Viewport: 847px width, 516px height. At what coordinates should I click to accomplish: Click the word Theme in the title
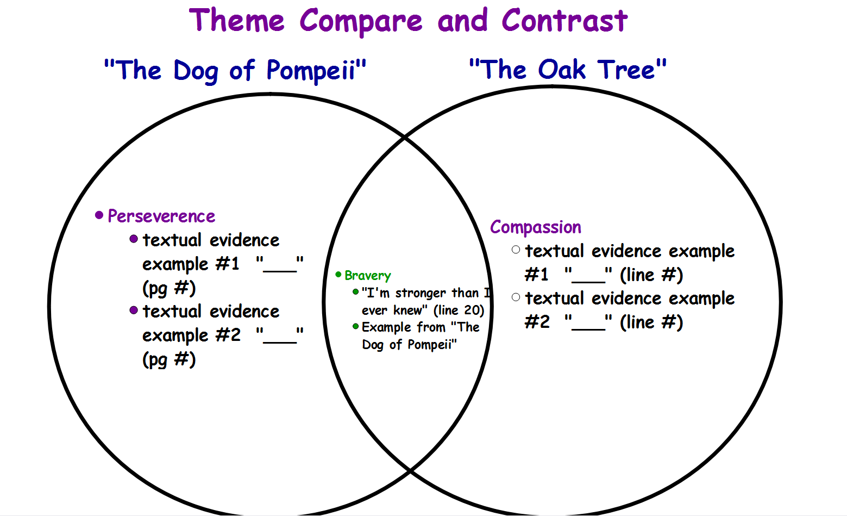click(237, 21)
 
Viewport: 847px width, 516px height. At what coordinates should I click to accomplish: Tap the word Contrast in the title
click(564, 21)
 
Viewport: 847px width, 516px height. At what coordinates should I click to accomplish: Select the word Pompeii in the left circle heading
click(311, 71)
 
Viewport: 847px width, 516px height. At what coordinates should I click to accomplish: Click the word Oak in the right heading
click(562, 70)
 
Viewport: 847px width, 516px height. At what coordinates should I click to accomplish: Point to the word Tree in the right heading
click(626, 70)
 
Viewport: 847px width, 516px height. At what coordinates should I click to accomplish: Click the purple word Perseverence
click(161, 217)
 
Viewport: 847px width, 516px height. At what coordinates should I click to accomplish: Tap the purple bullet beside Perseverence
click(99, 215)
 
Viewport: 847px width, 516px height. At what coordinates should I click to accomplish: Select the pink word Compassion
click(536, 227)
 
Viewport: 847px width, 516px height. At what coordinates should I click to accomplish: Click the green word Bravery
click(367, 276)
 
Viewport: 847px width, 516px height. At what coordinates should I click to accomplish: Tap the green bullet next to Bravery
click(338, 274)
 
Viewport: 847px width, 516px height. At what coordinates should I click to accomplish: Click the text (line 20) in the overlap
click(459, 310)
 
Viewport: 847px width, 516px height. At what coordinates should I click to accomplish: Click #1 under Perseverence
click(227, 264)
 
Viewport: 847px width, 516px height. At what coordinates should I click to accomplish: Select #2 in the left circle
click(228, 335)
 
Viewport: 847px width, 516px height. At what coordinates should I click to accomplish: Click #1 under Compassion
click(536, 275)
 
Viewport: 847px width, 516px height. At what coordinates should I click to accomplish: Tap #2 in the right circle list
click(537, 322)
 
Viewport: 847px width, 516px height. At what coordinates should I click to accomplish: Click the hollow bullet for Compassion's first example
click(516, 250)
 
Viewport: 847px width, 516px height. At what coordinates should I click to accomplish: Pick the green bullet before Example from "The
click(355, 326)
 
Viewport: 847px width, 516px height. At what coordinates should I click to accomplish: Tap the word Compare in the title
click(361, 21)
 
